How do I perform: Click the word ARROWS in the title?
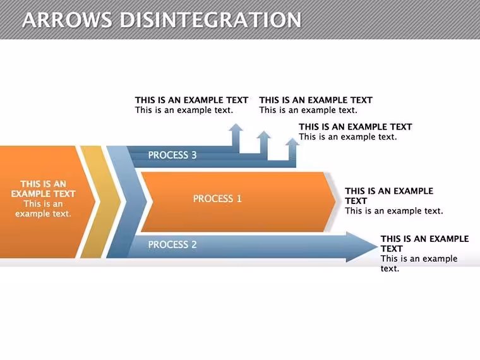point(67,20)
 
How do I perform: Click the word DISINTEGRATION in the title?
point(210,20)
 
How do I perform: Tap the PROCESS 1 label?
point(217,199)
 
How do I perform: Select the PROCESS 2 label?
point(172,244)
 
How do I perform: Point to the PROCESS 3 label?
point(172,155)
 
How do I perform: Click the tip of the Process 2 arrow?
point(378,247)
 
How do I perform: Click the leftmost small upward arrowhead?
point(236,128)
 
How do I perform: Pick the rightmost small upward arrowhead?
point(292,141)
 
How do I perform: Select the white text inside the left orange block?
point(43,199)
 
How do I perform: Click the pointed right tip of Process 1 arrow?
point(336,201)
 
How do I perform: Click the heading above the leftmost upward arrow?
point(191,100)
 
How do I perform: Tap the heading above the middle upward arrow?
point(316,100)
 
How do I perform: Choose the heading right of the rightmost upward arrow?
point(356,127)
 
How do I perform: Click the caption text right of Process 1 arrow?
point(394,201)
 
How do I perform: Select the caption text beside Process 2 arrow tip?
point(424,253)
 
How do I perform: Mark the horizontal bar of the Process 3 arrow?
point(211,157)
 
